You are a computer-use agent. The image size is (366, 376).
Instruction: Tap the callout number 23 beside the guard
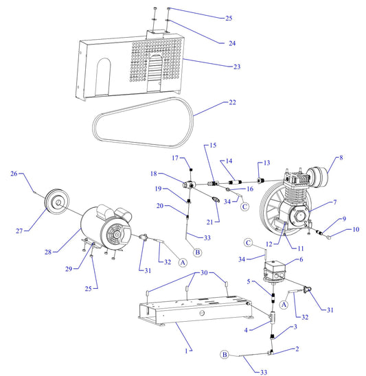(x=237, y=67)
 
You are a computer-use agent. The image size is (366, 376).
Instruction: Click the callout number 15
(x=212, y=145)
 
